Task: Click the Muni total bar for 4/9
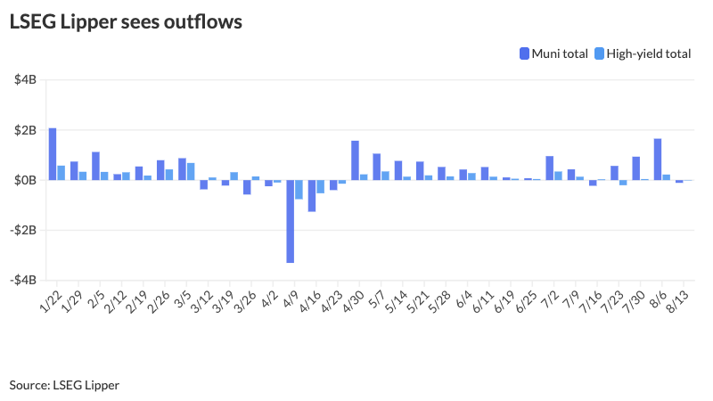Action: click(x=291, y=221)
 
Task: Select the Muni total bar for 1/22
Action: click(x=53, y=154)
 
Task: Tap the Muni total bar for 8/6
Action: click(x=658, y=160)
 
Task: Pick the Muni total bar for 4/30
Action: click(x=355, y=160)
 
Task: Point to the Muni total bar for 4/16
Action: click(x=312, y=195)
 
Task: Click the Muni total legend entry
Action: click(x=553, y=53)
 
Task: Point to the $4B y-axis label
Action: click(x=25, y=80)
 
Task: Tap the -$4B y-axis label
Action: click(x=23, y=280)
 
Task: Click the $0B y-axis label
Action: click(x=25, y=180)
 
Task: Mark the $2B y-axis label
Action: click(x=25, y=130)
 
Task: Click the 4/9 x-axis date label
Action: click(x=291, y=296)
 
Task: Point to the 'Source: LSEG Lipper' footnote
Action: click(x=64, y=385)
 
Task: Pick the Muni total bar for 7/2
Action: click(x=550, y=168)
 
